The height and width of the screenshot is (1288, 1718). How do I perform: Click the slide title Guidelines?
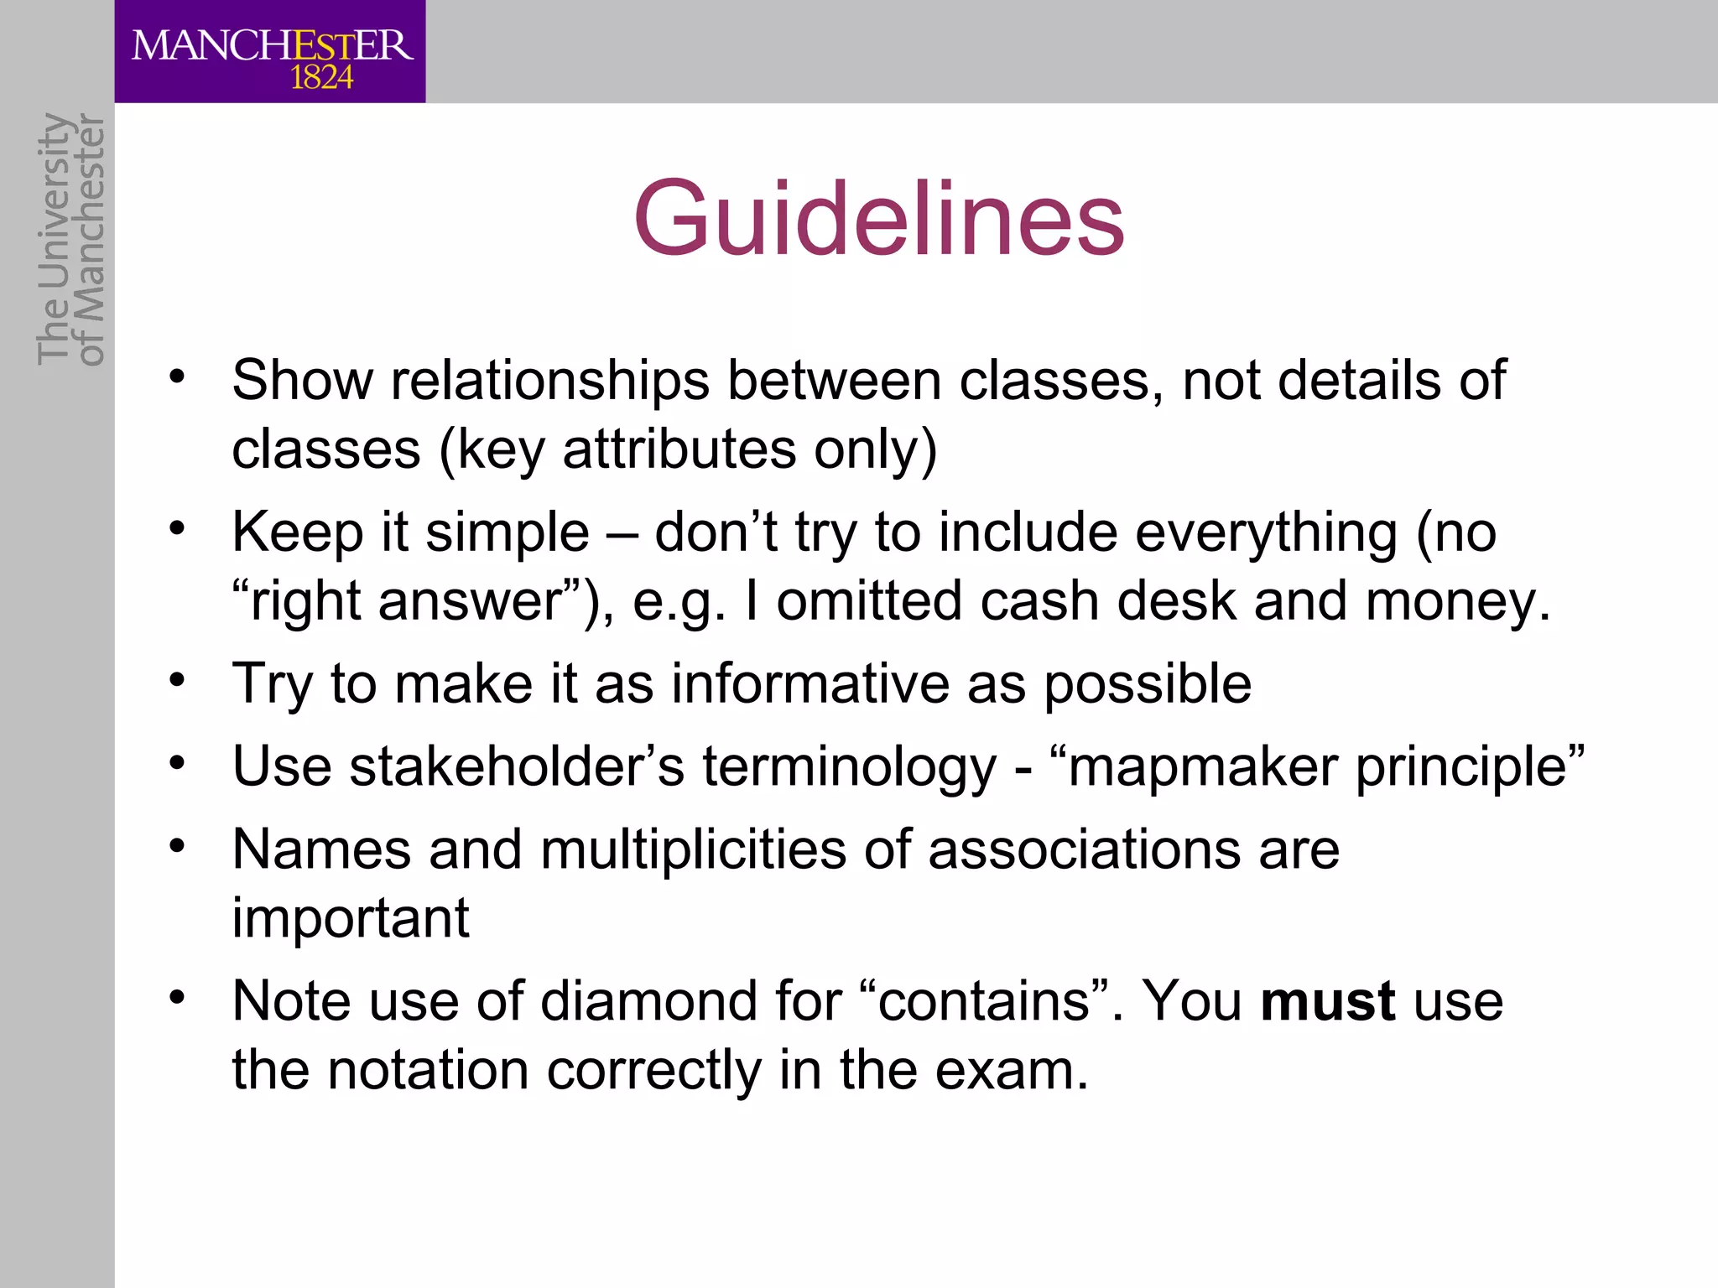tap(878, 220)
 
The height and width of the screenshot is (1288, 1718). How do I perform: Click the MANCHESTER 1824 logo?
tap(270, 52)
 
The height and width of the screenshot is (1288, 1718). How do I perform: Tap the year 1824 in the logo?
tap(321, 79)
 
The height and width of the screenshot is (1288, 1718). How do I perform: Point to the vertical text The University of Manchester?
tap(70, 240)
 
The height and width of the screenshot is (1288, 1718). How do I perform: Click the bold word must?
tap(1328, 1001)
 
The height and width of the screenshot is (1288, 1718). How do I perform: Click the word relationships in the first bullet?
tap(550, 381)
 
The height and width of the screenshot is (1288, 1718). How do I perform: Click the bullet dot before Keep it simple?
tap(176, 528)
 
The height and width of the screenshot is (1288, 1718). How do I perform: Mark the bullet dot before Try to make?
tap(176, 679)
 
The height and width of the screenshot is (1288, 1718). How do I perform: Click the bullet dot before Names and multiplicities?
tap(176, 845)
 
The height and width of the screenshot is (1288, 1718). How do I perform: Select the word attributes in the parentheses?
tap(679, 449)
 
